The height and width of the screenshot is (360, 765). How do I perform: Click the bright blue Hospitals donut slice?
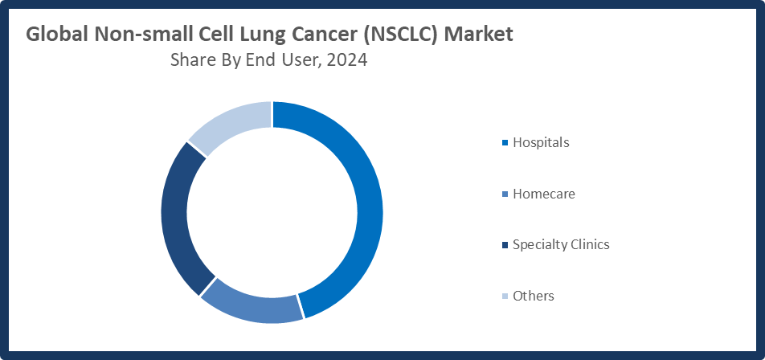(366, 209)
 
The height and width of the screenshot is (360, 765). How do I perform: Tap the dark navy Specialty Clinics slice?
(177, 217)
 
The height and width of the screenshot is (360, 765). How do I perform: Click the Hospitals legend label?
(541, 142)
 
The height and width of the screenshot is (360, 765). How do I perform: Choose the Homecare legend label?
(544, 194)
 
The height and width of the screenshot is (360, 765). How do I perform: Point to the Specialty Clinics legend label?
(561, 244)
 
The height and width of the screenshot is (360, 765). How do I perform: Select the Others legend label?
(534, 296)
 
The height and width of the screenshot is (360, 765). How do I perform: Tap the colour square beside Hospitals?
(505, 143)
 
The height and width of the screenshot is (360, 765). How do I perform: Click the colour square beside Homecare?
(505, 194)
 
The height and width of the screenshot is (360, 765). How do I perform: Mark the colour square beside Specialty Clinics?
(505, 245)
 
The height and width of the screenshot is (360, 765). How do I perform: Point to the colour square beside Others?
(505, 297)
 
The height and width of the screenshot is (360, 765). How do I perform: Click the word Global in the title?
(57, 35)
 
